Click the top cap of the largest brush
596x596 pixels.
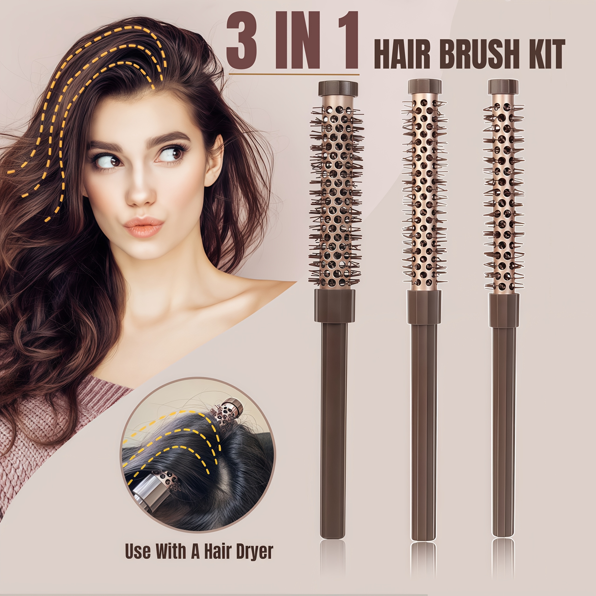[x=338, y=89]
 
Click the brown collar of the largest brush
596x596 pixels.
[x=335, y=305]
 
